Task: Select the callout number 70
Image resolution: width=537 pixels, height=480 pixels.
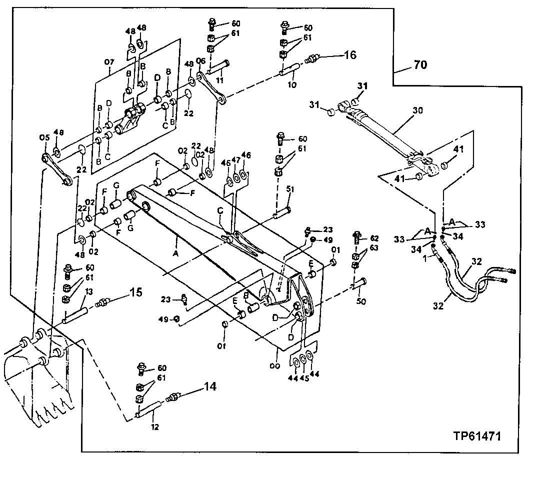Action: tap(420, 64)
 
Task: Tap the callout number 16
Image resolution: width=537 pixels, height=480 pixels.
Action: tap(349, 54)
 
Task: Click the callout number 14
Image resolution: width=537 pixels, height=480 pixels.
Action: tap(210, 387)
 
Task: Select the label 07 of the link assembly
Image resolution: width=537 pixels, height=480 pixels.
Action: tap(109, 62)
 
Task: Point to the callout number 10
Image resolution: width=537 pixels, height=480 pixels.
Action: tap(292, 85)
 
